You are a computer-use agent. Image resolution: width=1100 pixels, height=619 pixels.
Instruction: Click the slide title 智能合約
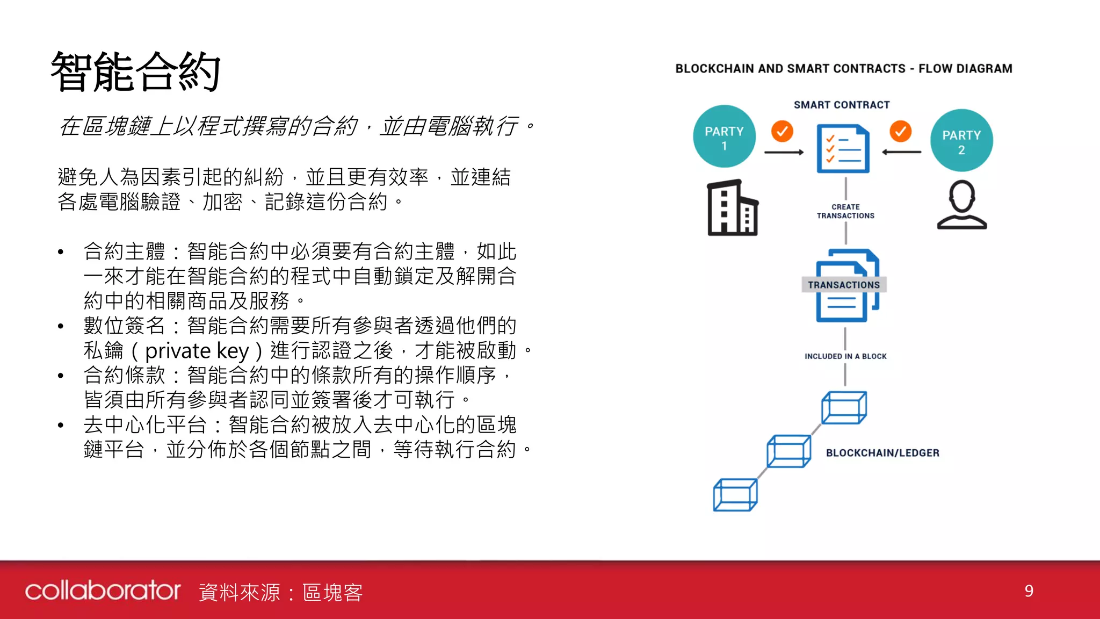135,71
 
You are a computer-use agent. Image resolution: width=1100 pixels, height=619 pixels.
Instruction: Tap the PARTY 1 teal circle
724,136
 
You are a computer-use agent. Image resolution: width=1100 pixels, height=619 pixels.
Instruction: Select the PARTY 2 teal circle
961,141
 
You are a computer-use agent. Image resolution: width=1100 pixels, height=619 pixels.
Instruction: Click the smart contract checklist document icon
843,149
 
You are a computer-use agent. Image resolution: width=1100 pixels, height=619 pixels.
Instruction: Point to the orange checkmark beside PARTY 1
782,131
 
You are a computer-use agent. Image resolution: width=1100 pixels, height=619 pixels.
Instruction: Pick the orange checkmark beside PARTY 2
901,131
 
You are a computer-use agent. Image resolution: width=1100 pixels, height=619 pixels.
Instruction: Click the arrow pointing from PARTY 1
784,153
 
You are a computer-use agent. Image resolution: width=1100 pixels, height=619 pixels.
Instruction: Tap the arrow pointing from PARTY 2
902,153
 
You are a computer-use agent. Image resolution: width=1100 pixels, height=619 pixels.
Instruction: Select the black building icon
732,208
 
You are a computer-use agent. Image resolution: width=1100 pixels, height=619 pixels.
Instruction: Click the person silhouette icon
962,205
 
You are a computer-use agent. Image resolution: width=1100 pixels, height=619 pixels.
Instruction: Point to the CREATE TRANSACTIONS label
845,211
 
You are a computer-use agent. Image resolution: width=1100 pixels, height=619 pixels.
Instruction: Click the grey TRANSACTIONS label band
844,285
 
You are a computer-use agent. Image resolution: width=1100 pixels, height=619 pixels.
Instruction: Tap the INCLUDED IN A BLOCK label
845,356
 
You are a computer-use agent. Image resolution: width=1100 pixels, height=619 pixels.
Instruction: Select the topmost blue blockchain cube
844,408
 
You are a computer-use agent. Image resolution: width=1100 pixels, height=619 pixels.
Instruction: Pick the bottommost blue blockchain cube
735,495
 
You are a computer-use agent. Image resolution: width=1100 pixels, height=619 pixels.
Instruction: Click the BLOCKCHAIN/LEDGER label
882,453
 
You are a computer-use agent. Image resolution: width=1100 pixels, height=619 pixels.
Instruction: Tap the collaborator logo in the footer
103,591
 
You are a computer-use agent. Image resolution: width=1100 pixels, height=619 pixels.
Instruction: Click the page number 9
1029,591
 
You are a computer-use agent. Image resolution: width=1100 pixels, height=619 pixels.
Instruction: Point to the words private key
197,351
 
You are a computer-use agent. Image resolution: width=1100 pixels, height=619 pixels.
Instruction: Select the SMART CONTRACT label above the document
842,105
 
